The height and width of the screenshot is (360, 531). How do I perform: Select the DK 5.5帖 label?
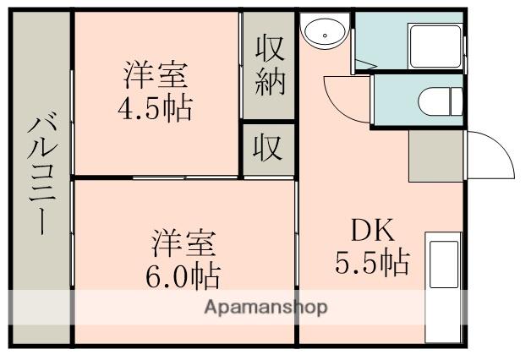tap(373, 246)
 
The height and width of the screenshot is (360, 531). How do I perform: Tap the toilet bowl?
tap(440, 101)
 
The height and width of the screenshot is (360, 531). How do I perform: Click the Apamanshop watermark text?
tap(265, 308)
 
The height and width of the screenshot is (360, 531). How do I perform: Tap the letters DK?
tap(372, 230)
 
